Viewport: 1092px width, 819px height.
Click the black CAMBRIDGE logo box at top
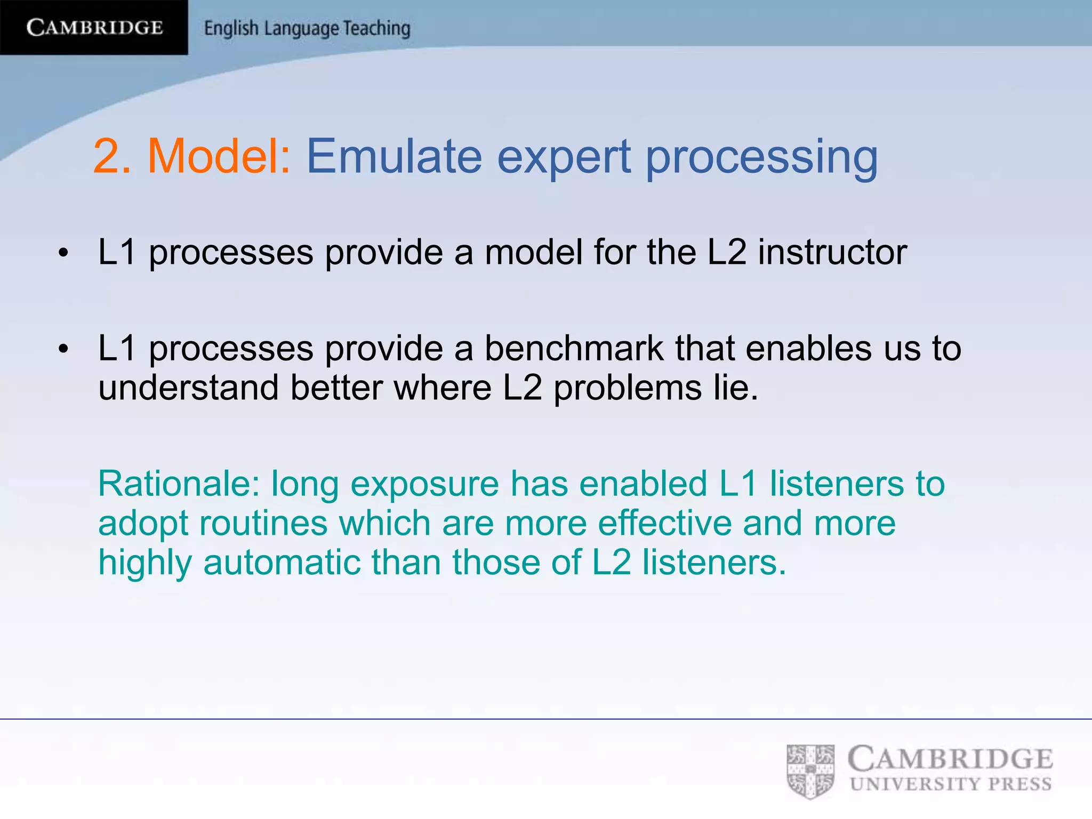point(94,27)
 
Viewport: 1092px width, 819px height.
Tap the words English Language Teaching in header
point(307,28)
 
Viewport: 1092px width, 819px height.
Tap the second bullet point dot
point(63,350)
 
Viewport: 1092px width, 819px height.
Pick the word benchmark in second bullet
point(574,349)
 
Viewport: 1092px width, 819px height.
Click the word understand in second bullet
point(188,388)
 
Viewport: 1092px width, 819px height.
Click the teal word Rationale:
point(179,484)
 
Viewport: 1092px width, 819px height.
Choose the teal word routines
point(263,523)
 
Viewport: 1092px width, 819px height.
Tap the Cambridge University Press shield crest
point(810,771)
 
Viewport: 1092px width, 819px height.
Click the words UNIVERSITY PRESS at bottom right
point(951,784)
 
